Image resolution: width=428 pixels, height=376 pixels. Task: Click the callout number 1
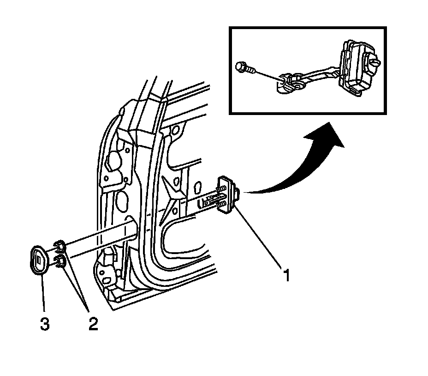click(286, 276)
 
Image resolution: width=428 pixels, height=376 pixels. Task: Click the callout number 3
click(44, 324)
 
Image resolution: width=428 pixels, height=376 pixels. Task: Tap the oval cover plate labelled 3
click(39, 261)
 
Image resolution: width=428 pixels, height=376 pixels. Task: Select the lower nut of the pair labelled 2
click(59, 263)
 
